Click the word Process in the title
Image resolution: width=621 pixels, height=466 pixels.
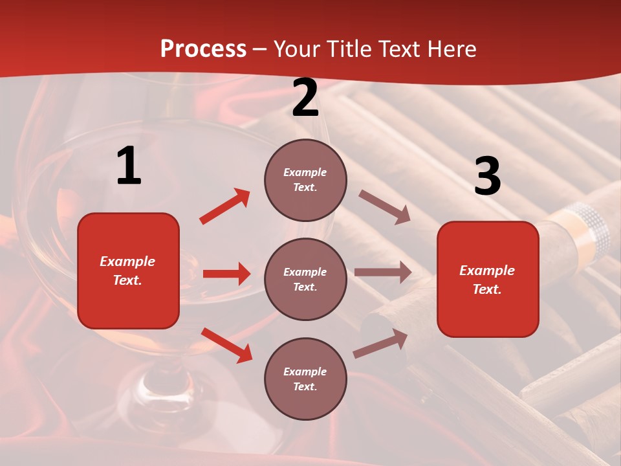coord(203,49)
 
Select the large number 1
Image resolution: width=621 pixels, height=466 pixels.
coord(129,166)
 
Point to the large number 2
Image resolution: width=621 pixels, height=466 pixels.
coord(305,98)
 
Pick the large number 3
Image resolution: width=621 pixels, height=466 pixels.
coord(487,177)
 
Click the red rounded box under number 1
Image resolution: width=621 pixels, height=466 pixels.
coord(128,271)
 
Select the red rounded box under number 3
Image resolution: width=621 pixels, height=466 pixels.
coord(488,280)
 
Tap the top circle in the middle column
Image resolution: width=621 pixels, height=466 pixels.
coord(305,180)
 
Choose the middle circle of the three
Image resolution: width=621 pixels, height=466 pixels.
coord(305,279)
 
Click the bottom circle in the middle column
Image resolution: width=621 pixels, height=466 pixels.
coord(305,379)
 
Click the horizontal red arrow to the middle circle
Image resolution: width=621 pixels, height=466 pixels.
coord(226,274)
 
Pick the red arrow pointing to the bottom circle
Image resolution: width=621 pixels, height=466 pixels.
coord(226,345)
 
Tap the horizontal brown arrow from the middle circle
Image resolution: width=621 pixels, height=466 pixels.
coord(382,272)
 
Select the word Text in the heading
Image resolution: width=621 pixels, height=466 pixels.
coord(397,49)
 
